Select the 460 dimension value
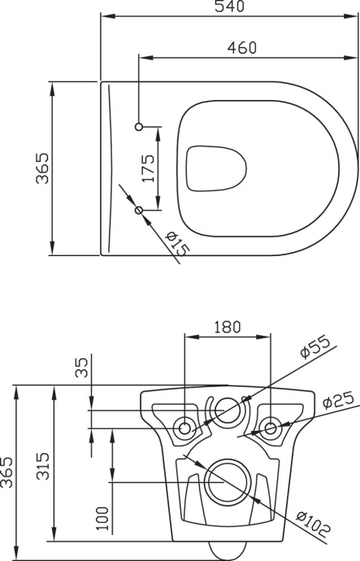point(241,48)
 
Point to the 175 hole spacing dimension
point(148,170)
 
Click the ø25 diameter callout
point(336,401)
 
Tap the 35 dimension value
point(81,368)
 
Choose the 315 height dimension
point(45,465)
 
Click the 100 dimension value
point(102,517)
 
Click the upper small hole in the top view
point(139,126)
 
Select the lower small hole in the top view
point(139,211)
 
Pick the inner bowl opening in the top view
point(216,168)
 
